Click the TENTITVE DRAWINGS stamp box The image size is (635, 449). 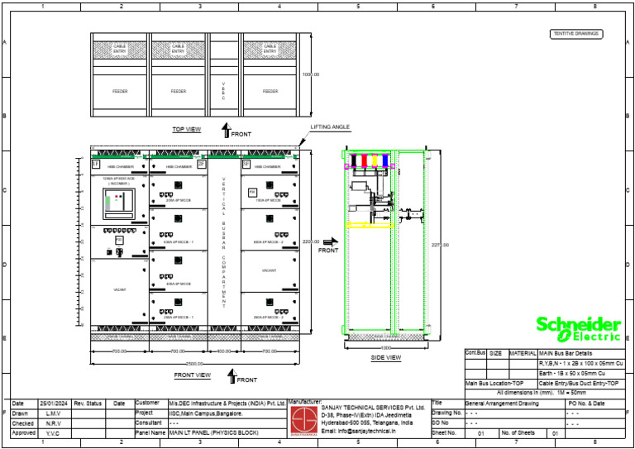(x=576, y=34)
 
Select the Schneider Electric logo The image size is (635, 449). (x=577, y=328)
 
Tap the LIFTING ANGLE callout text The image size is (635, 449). (x=331, y=127)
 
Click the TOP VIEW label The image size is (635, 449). (x=186, y=130)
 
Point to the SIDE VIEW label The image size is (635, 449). (x=385, y=357)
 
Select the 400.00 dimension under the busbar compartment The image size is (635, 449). (x=224, y=351)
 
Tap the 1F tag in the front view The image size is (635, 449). (x=95, y=165)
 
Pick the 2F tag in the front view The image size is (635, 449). (x=202, y=165)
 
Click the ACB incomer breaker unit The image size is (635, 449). (x=118, y=203)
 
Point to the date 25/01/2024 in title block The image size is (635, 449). (x=53, y=404)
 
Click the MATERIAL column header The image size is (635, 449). (x=522, y=353)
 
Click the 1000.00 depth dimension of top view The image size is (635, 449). (x=310, y=74)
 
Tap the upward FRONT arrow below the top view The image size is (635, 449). (x=225, y=130)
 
